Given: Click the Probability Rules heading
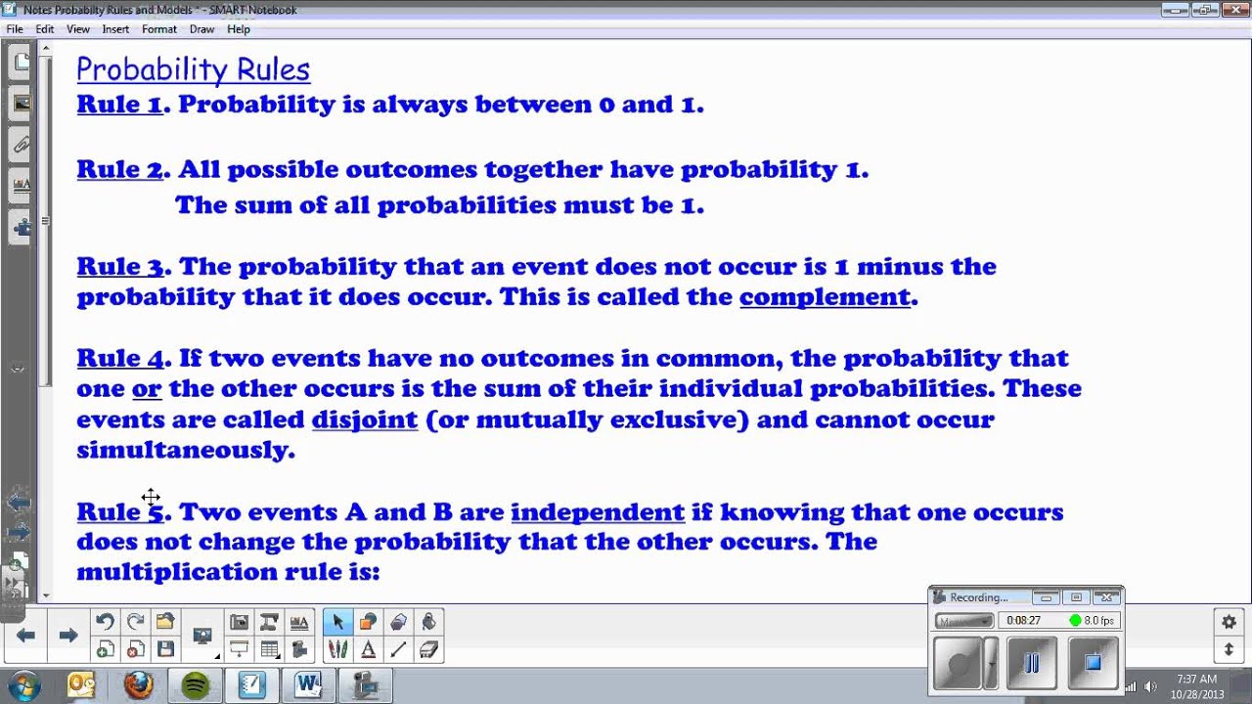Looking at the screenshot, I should [193, 69].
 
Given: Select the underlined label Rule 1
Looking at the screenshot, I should [119, 105].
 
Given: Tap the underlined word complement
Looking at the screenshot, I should [825, 297].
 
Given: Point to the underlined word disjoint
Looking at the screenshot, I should [364, 420].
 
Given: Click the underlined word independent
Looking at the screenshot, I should [597, 512].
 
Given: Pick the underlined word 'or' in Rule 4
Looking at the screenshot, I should [147, 389].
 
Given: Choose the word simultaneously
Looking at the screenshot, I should [185, 450].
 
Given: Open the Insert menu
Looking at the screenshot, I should [115, 29].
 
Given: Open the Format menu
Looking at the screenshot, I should [158, 29].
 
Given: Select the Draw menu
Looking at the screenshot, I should [201, 29].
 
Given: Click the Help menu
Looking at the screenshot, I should [239, 29].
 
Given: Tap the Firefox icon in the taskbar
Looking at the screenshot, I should [139, 684].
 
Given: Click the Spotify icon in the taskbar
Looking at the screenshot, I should [196, 684].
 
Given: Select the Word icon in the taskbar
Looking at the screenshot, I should [308, 684].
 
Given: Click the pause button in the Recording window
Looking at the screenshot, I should [1031, 664].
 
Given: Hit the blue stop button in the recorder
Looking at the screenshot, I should [1093, 664].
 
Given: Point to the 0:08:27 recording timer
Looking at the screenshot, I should [1023, 621].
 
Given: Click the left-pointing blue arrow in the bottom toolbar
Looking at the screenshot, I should [26, 636].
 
